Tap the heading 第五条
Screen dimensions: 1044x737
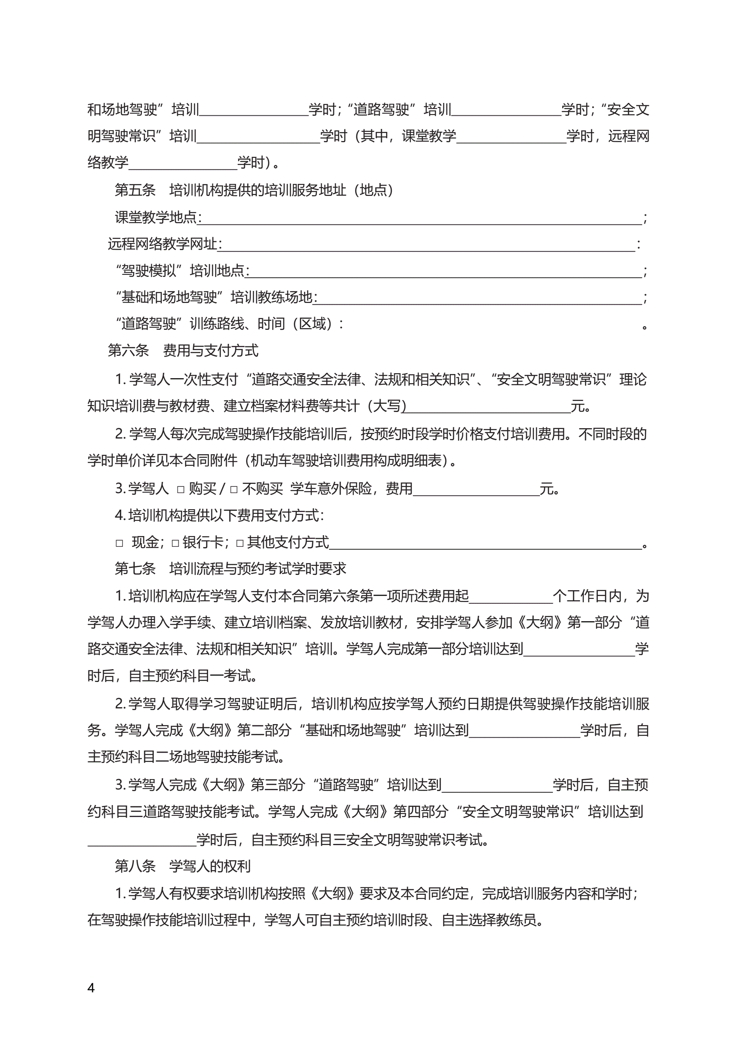tap(135, 190)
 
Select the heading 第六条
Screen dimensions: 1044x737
tap(128, 350)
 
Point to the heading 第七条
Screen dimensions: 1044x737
tap(135, 568)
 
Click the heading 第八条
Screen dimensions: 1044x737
tap(135, 866)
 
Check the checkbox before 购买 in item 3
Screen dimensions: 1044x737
tap(181, 490)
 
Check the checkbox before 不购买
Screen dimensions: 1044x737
tap(234, 490)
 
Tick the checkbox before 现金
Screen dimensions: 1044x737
tap(119, 543)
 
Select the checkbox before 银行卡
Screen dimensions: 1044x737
tap(175, 543)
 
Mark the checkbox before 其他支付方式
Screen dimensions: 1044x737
tap(240, 543)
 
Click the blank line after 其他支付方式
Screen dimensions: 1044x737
tap(485, 543)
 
